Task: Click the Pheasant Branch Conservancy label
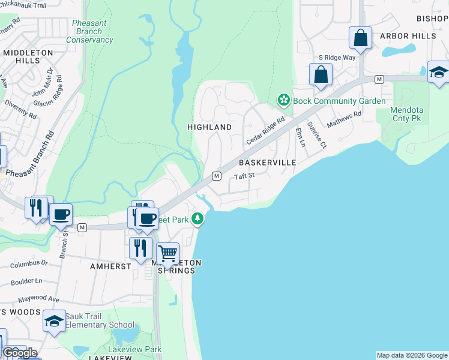[x=89, y=31]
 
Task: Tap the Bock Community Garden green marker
[x=282, y=100]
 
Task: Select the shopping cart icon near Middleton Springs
[x=167, y=253]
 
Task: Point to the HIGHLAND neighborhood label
[x=209, y=127]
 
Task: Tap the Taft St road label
[x=245, y=176]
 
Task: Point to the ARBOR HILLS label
[x=408, y=36]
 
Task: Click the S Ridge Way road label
[x=337, y=57]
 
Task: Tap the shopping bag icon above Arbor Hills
[x=360, y=38]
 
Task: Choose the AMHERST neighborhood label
[x=110, y=265]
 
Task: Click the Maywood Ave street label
[x=38, y=299]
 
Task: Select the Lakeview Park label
[x=135, y=349]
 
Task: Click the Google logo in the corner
[x=20, y=353]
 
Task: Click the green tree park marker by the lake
[x=199, y=220]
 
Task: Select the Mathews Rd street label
[x=344, y=119]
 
